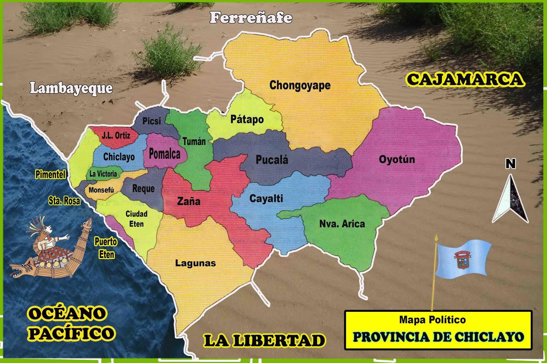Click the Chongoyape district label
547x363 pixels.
tap(300, 85)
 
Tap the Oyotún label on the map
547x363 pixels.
tap(397, 159)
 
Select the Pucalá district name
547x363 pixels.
tap(272, 160)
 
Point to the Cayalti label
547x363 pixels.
tap(266, 198)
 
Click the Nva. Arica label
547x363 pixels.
tap(342, 224)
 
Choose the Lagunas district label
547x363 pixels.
tap(196, 263)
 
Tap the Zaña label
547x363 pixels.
tap(188, 201)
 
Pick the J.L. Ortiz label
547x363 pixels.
tap(116, 135)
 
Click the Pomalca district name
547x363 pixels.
tap(164, 154)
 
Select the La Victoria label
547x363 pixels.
tap(103, 174)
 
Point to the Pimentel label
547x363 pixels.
tap(50, 174)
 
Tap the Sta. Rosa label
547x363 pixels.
tap(64, 201)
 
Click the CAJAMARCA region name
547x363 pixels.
tap(465, 79)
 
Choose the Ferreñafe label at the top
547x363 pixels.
tap(251, 17)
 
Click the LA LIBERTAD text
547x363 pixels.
tap(264, 341)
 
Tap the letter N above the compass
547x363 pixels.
tap(510, 164)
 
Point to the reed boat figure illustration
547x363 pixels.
tap(51, 250)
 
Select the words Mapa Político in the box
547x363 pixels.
tap(432, 320)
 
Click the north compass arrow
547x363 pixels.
tap(510, 200)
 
